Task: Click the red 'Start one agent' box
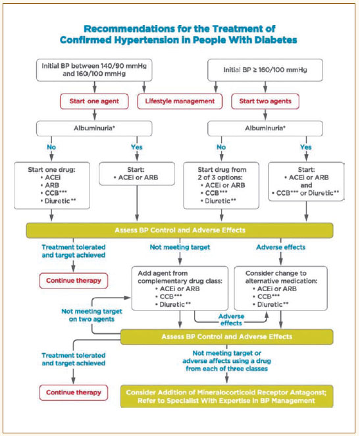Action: [95, 101]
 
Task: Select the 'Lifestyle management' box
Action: [180, 101]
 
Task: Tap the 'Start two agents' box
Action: [265, 101]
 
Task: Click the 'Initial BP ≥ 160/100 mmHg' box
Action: [265, 70]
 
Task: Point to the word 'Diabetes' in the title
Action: [276, 40]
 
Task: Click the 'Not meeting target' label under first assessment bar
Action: [180, 247]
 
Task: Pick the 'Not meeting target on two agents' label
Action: [91, 315]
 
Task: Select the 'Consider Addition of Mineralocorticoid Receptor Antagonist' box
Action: [226, 396]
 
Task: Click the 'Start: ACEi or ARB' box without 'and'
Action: [137, 174]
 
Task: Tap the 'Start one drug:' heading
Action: [51, 170]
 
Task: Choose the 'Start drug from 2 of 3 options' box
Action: [221, 186]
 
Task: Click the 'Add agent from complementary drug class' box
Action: [180, 288]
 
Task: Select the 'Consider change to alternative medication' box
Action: [281, 288]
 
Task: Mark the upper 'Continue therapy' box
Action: [74, 281]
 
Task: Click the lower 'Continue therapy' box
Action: [74, 393]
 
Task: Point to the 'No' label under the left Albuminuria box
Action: [51, 147]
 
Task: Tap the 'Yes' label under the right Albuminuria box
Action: [306, 147]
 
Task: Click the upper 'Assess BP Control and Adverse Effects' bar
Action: [180, 231]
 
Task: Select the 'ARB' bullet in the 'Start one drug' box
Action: [52, 185]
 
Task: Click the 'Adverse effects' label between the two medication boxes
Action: [231, 320]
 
